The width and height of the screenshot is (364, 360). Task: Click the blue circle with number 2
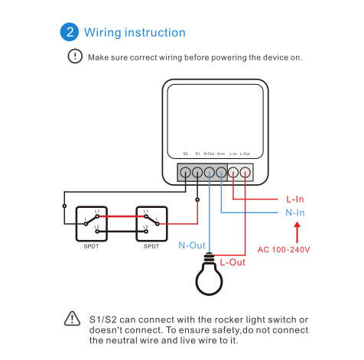[70, 32]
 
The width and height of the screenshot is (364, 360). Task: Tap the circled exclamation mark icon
[75, 56]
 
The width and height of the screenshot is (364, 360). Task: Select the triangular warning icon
[72, 319]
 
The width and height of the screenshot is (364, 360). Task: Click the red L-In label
[295, 199]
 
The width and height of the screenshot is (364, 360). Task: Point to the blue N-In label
[295, 212]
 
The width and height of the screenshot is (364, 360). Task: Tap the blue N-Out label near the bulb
[192, 245]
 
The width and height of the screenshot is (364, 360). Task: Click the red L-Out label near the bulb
[232, 262]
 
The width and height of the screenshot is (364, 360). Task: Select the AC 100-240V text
[284, 249]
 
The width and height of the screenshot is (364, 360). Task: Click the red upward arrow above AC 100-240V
[297, 232]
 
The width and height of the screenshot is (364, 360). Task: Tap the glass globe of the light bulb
[209, 279]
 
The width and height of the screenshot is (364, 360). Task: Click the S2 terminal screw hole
[185, 173]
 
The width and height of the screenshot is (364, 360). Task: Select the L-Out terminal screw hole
[245, 173]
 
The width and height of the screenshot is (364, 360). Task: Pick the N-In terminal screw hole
[221, 173]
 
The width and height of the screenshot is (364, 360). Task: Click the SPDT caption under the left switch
[91, 246]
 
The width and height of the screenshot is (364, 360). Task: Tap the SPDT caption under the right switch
[151, 246]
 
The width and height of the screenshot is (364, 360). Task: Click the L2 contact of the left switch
[97, 232]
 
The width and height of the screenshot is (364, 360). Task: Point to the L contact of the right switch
[158, 224]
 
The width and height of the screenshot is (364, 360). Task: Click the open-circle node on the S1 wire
[197, 199]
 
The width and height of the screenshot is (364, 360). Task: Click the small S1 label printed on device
[197, 154]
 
